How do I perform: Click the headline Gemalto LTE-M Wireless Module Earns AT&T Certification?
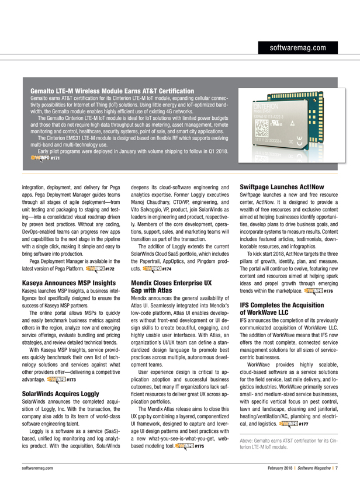(112, 91)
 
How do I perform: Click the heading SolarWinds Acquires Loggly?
(57, 377)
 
